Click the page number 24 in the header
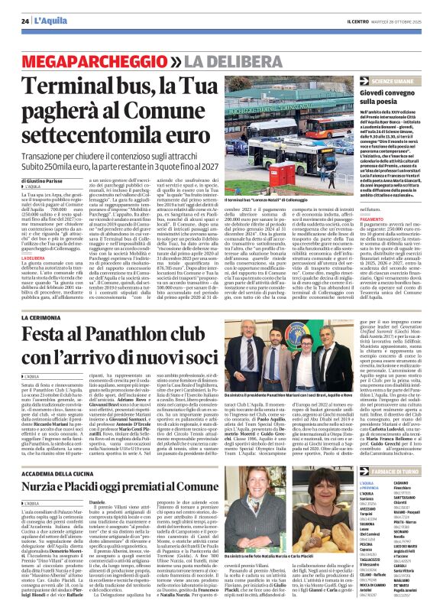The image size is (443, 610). click(x=24, y=20)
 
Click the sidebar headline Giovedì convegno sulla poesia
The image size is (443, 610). click(x=393, y=96)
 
